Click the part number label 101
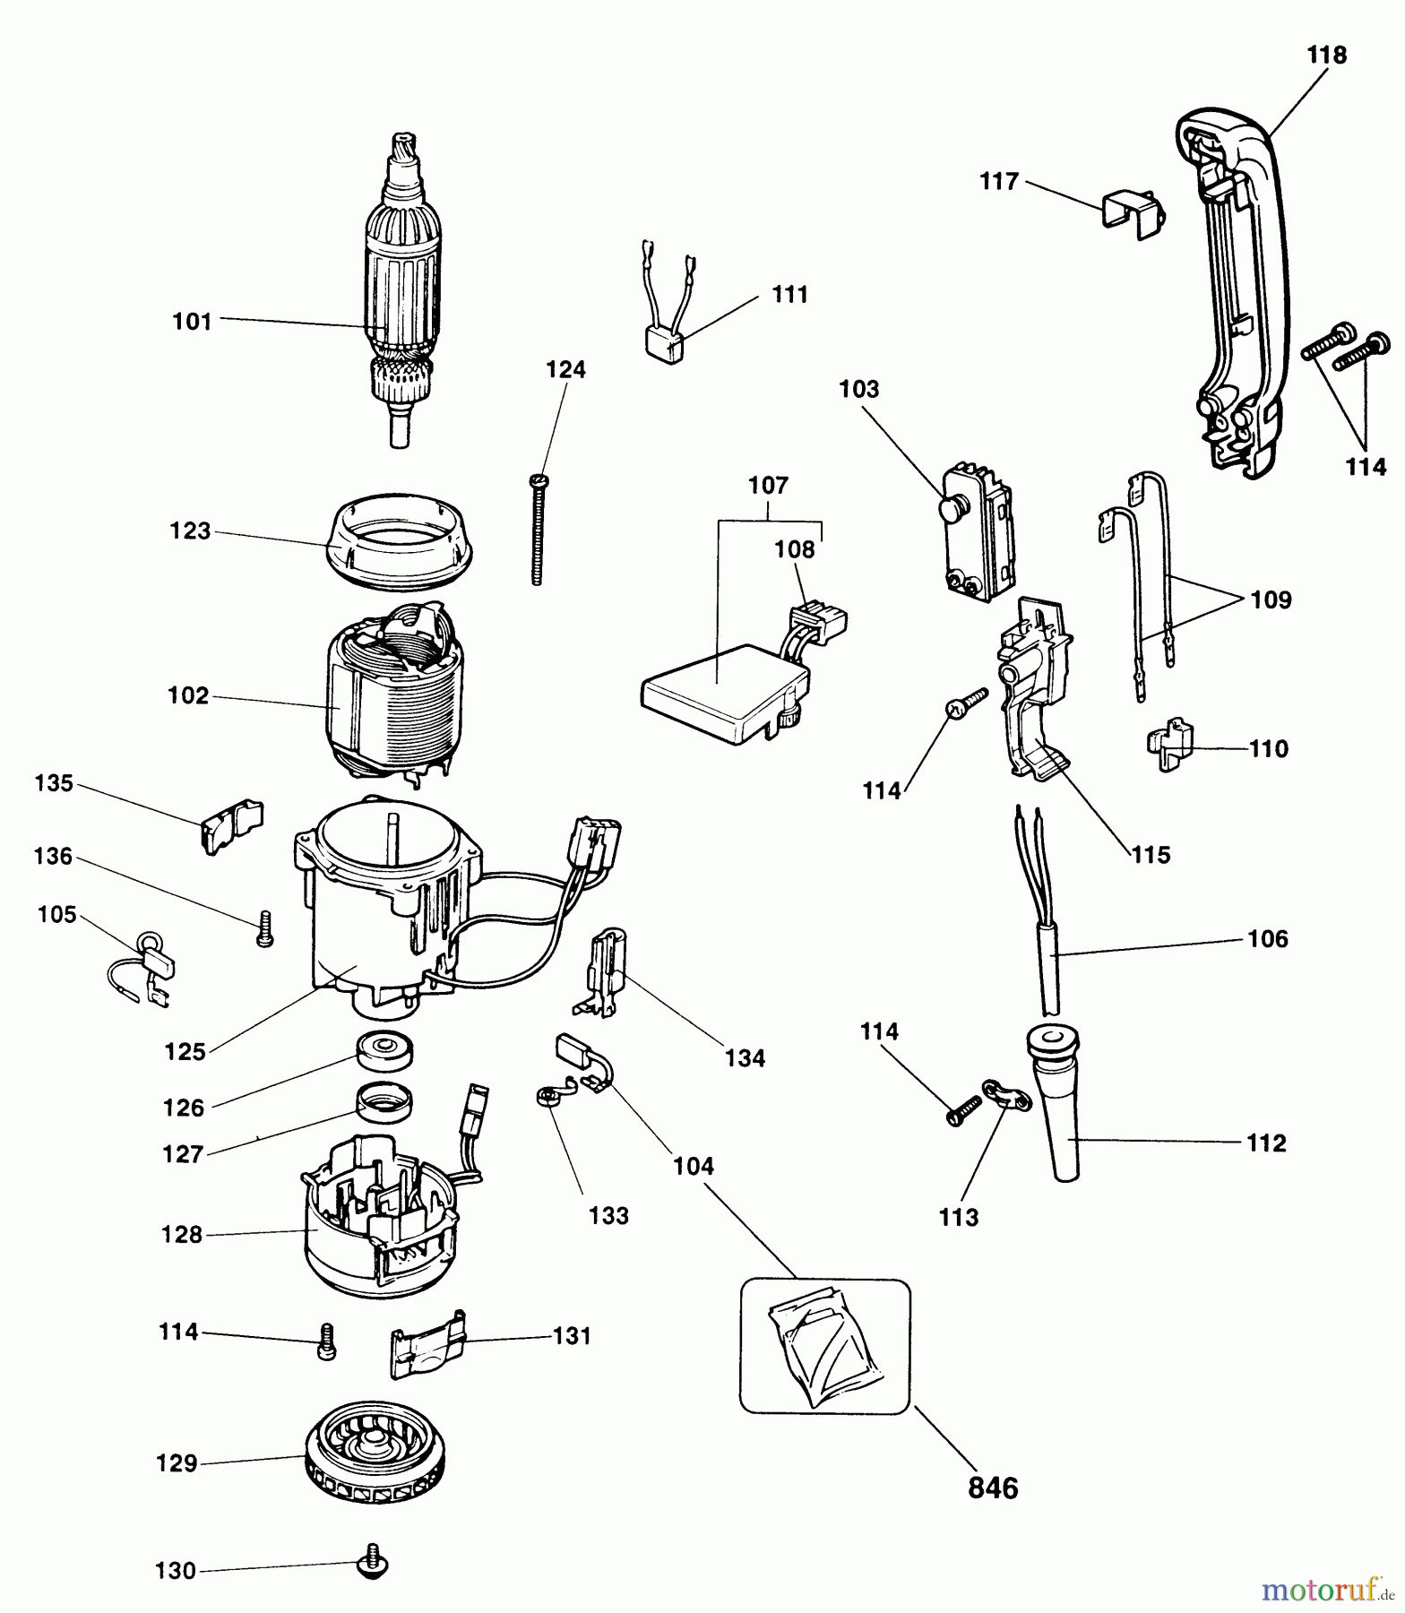click(192, 321)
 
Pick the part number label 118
click(1326, 56)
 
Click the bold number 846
click(994, 1488)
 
